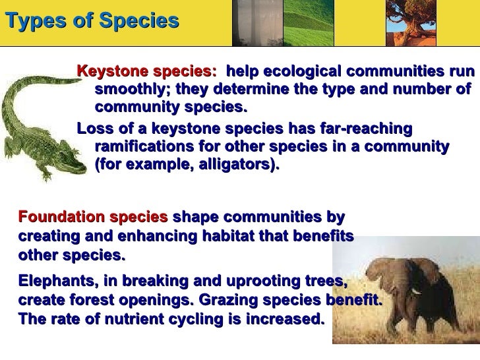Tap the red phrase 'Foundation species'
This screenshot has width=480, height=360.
[x=92, y=217]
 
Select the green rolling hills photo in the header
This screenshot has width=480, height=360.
[x=303, y=20]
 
